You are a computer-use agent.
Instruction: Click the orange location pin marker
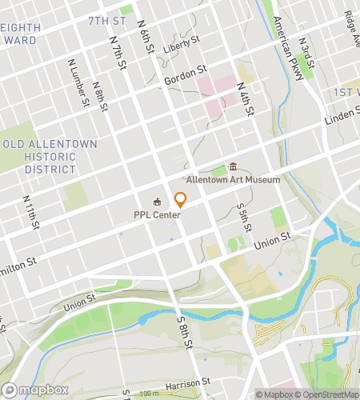coord(181,200)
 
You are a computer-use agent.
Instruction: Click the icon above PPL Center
coord(158,202)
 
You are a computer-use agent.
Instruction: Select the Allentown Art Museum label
coord(233,180)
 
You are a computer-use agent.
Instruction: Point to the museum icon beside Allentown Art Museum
coord(233,167)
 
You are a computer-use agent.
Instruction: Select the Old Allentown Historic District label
coord(50,157)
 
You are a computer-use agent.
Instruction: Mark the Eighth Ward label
coord(20,33)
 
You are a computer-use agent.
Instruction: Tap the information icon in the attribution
coord(260,394)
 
